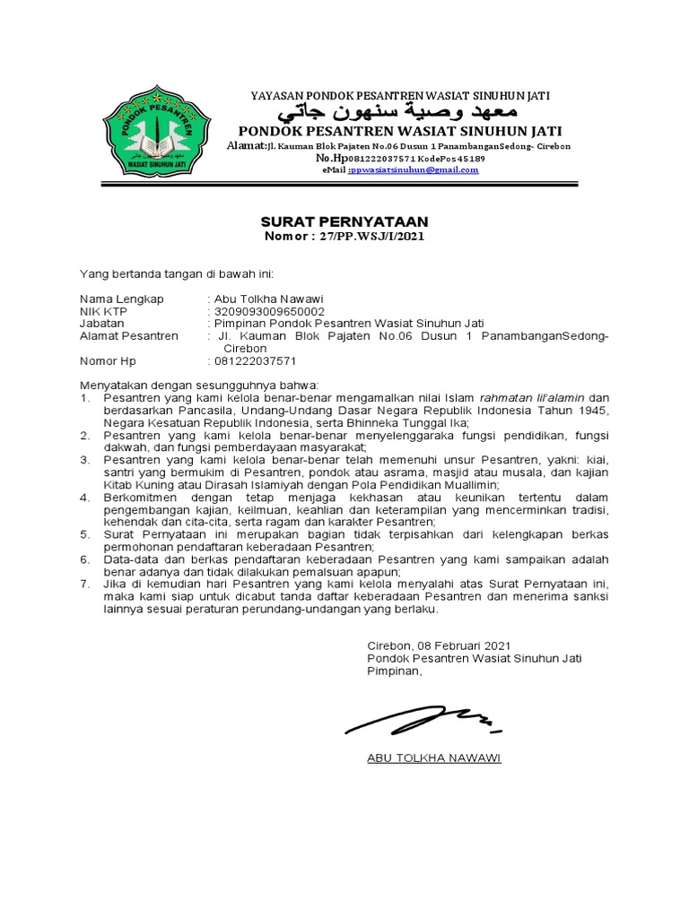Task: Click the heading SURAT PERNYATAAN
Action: click(344, 221)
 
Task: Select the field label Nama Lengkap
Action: click(122, 299)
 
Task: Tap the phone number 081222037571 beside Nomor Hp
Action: click(254, 361)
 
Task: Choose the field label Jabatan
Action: click(101, 324)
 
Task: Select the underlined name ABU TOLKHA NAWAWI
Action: click(434, 758)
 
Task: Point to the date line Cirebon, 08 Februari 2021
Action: click(439, 645)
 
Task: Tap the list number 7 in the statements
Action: click(84, 584)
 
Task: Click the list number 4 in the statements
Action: click(84, 497)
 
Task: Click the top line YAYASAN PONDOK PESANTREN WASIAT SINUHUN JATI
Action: click(399, 94)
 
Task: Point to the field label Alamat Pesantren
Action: click(129, 336)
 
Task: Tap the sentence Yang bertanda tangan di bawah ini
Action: click(176, 273)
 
